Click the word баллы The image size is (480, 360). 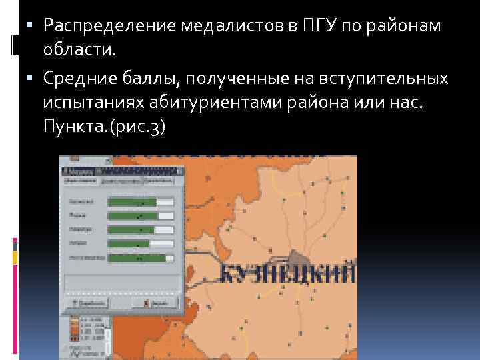(x=151, y=79)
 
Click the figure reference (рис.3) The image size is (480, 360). (x=134, y=127)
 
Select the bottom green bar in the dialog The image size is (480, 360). (x=137, y=257)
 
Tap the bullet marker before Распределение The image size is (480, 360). (x=35, y=26)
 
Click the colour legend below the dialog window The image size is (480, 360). (x=85, y=333)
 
